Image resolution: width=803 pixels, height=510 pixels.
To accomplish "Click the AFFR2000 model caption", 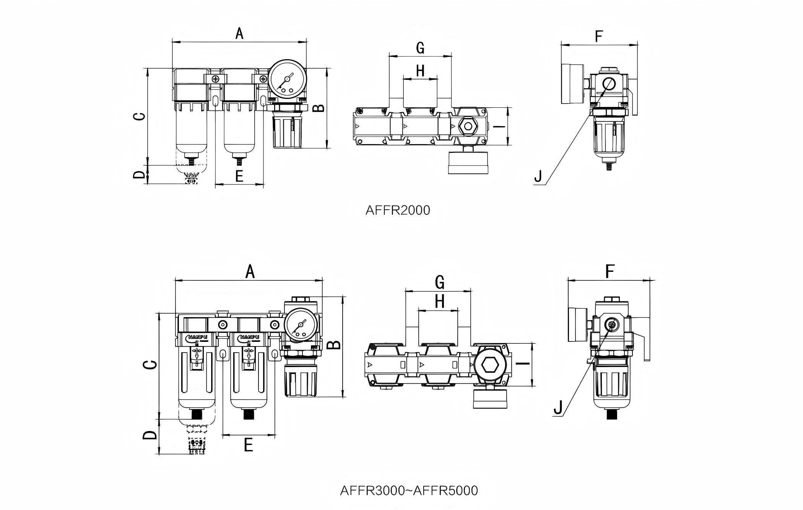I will pyautogui.click(x=398, y=210).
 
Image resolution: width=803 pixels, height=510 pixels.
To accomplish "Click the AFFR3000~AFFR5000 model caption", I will pyautogui.click(x=409, y=490).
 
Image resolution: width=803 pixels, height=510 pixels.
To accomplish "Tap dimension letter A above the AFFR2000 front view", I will pyautogui.click(x=239, y=34).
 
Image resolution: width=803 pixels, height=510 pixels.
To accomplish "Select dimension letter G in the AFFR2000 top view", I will pyautogui.click(x=420, y=48).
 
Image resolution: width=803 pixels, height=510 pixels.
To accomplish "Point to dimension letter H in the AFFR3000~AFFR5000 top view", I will pyautogui.click(x=440, y=301).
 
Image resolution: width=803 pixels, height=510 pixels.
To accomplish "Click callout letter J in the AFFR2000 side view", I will pyautogui.click(x=538, y=176).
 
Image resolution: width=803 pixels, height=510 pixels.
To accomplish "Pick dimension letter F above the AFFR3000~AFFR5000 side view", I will pyautogui.click(x=610, y=272).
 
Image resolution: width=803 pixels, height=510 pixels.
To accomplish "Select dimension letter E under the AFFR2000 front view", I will pyautogui.click(x=239, y=176).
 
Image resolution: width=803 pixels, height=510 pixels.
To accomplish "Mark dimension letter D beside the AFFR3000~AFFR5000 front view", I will pyautogui.click(x=150, y=435).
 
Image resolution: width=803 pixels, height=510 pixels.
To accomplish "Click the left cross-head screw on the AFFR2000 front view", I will pyautogui.click(x=216, y=79).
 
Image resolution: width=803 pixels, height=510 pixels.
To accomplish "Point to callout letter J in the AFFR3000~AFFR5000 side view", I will pyautogui.click(x=558, y=408).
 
